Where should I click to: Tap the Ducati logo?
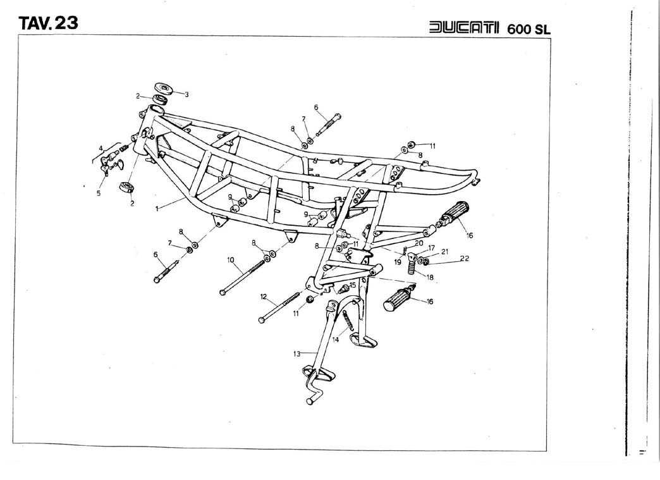coord(464,28)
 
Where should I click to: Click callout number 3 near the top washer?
coord(186,94)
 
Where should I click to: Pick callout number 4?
coord(100,149)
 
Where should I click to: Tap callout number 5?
coord(99,194)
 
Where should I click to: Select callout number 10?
coord(231,259)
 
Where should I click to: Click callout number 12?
coord(264,296)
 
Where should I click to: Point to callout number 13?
coord(296,354)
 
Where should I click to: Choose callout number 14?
coord(336,340)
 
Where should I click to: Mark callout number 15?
coord(352,285)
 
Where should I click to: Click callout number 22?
coord(465,258)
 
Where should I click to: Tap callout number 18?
coord(431,277)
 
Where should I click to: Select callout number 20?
coord(419,242)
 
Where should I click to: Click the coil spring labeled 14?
coord(348,323)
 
